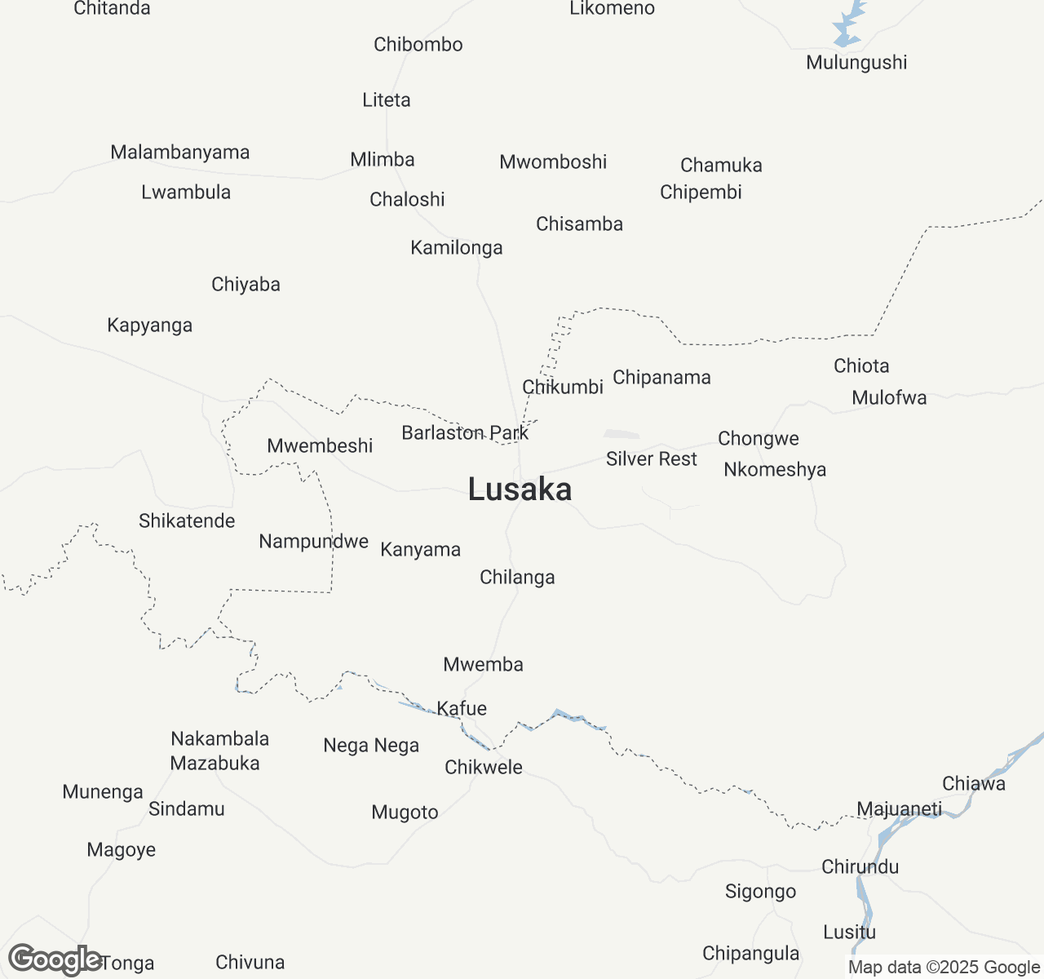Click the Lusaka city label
tap(520, 489)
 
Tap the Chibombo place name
tap(418, 45)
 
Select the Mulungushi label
tap(856, 63)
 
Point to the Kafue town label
tap(462, 708)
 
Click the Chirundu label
tap(860, 866)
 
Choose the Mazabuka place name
tap(215, 764)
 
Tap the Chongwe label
tap(758, 439)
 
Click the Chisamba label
tap(579, 224)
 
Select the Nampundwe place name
tap(313, 542)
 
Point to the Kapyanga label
tap(149, 326)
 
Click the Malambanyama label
tap(179, 153)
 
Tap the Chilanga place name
tap(517, 578)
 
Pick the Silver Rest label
tap(651, 459)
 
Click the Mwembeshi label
tap(320, 446)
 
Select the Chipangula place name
tap(750, 954)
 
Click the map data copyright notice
tap(944, 968)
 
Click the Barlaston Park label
tap(465, 433)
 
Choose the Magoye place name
tap(121, 850)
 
